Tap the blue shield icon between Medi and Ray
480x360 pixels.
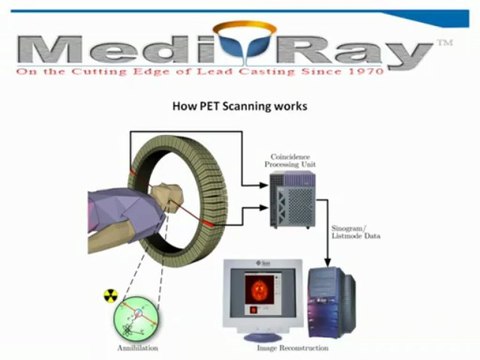[x=237, y=49]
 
